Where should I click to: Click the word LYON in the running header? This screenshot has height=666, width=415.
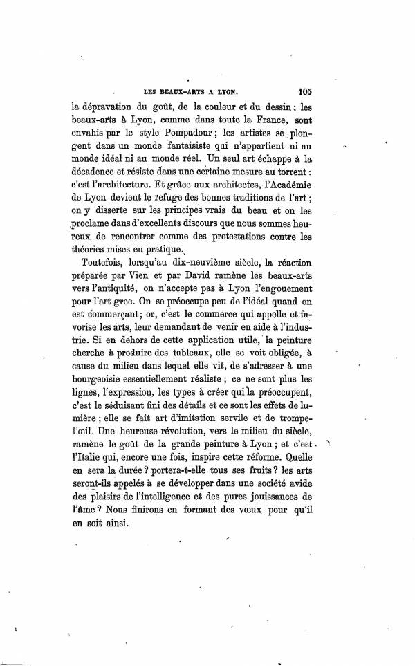coord(224,91)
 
